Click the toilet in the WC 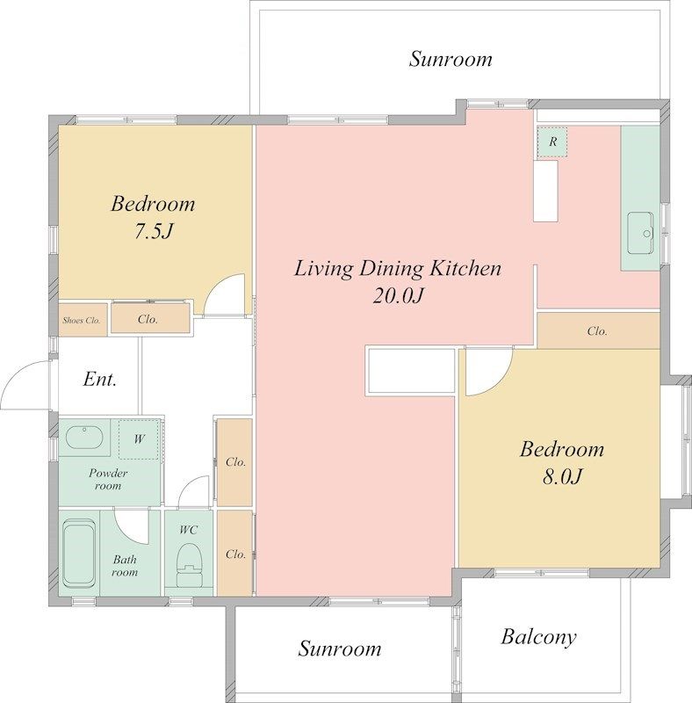189,565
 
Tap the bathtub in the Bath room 79,554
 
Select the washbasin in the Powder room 84,437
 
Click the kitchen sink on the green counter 640,233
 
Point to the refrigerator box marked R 552,141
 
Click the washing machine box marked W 139,438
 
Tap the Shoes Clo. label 81,320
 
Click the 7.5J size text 154,231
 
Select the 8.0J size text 562,476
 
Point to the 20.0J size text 398,295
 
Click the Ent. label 100,380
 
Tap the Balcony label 538,637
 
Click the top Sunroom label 451,59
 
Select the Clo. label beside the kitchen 597,331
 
